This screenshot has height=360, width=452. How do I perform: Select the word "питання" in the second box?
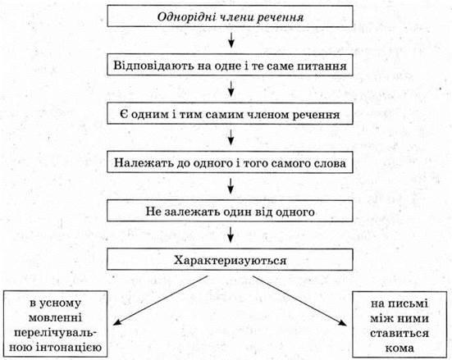tap(322, 66)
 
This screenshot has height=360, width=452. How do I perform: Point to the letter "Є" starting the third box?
tap(123, 115)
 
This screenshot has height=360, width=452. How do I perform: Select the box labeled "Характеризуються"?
tap(230, 259)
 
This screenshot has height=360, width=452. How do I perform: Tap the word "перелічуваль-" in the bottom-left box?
tap(56, 333)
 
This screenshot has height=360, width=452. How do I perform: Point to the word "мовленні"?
tap(56, 318)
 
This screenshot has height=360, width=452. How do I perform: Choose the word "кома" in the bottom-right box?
tap(399, 349)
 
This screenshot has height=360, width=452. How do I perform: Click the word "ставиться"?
tap(399, 334)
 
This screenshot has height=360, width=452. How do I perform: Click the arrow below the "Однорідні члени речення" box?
tap(231, 40)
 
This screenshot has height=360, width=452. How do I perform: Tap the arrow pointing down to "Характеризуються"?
tap(231, 235)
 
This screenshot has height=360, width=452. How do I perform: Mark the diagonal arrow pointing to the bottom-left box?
tap(160, 301)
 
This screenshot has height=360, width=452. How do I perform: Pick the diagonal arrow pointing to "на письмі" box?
tap(299, 301)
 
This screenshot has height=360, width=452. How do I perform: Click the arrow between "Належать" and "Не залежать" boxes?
tap(231, 186)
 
